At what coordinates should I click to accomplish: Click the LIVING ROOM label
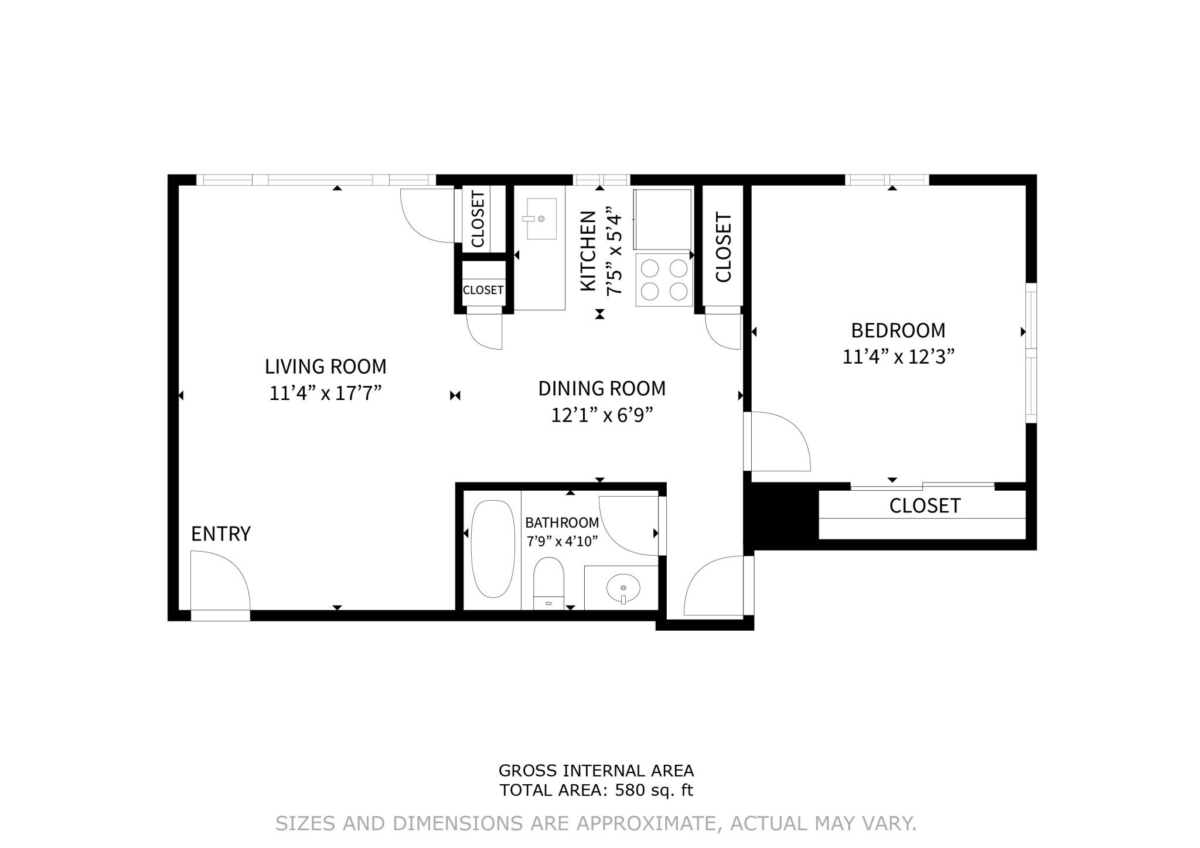tap(326, 367)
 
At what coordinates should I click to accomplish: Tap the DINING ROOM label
tap(602, 388)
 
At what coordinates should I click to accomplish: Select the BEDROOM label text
tap(898, 331)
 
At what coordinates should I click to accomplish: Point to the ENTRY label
tap(221, 534)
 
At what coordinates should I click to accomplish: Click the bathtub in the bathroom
tap(493, 549)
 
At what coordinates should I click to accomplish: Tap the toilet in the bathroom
tap(548, 583)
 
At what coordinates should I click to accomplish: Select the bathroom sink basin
tap(623, 587)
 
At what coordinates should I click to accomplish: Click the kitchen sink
tap(541, 218)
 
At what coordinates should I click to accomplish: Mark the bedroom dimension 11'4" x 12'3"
tap(898, 357)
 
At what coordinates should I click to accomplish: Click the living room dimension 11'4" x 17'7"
tap(326, 393)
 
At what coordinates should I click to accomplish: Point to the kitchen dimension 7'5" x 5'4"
tap(613, 251)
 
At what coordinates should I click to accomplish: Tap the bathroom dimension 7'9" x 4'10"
tap(562, 541)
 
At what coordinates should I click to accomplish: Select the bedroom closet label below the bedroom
tap(925, 505)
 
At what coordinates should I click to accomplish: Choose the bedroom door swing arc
tap(792, 430)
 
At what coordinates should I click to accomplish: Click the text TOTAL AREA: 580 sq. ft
tap(596, 790)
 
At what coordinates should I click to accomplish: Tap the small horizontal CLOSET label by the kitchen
tap(483, 290)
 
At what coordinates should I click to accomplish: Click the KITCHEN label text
tap(588, 251)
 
